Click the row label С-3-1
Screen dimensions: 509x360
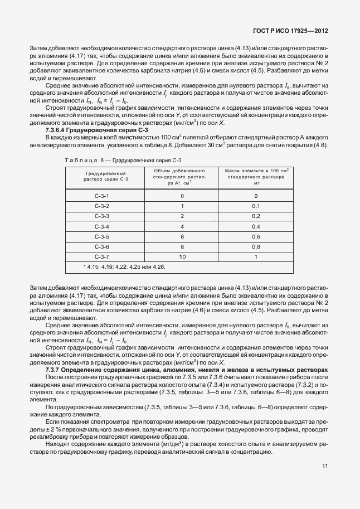tap(101, 196)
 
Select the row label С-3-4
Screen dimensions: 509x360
tap(101, 226)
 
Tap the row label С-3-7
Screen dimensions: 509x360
tap(101, 256)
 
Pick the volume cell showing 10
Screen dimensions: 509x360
tap(182, 256)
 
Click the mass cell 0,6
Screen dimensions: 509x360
tap(256, 236)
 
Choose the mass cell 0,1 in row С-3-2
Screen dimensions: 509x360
tap(256, 206)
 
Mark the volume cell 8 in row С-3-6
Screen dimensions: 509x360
tap(182, 246)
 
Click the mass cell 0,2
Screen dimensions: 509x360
tap(256, 216)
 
